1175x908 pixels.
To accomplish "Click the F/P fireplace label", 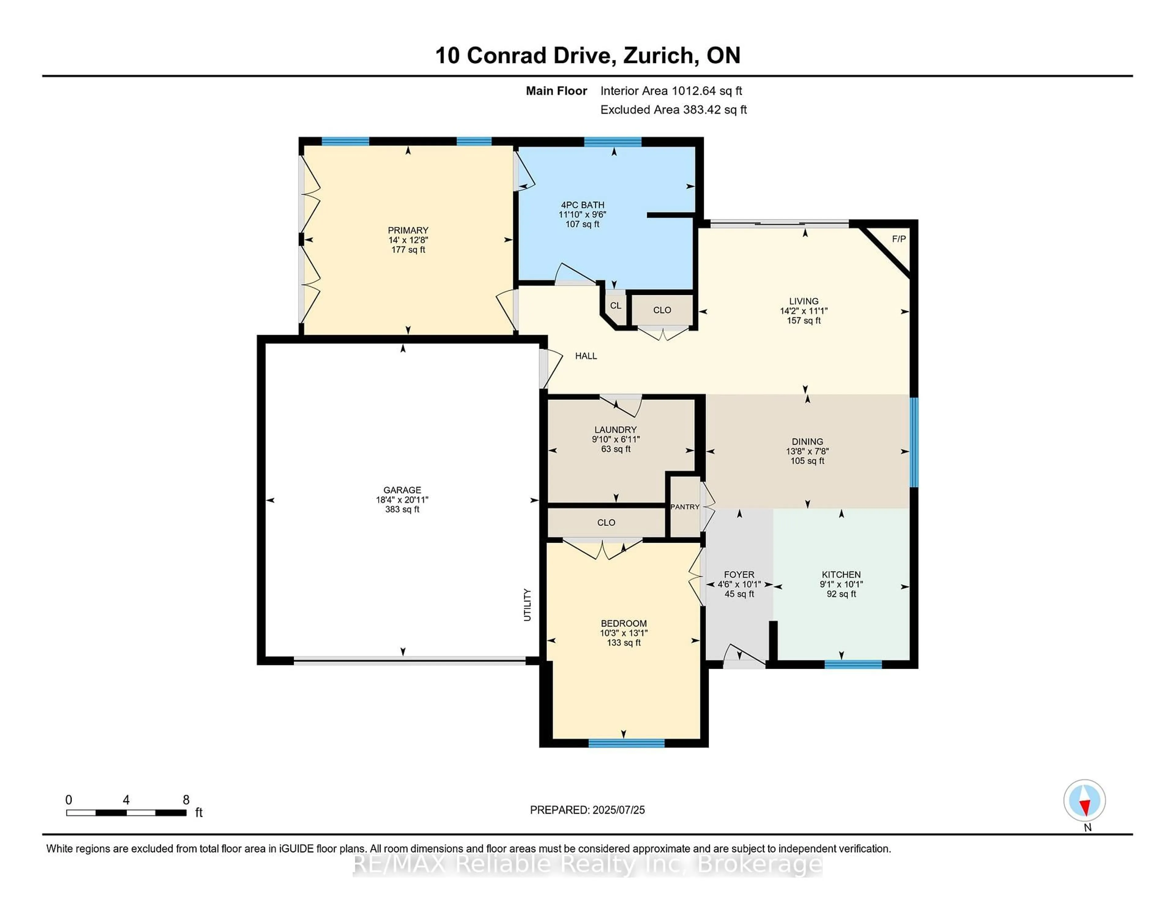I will click(898, 239).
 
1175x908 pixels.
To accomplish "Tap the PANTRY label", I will click(684, 507).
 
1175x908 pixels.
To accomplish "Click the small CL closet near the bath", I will click(615, 306).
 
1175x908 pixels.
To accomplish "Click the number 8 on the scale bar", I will click(186, 800).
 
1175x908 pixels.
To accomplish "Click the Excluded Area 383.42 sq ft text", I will click(673, 110).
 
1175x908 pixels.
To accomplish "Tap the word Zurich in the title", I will click(658, 55).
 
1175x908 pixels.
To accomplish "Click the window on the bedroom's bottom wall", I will click(626, 743).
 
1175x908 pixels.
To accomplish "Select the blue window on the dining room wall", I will click(913, 442).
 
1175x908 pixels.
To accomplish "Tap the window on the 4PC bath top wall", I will click(613, 142).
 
